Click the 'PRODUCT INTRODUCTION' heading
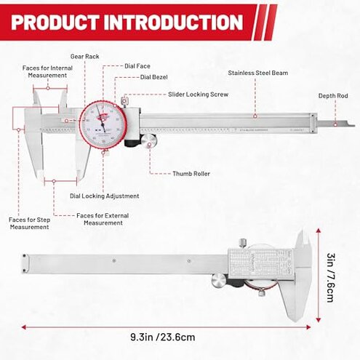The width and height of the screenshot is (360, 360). (x=127, y=21)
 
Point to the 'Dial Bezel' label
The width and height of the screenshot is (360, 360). (x=154, y=76)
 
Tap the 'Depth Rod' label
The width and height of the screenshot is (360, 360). (x=335, y=96)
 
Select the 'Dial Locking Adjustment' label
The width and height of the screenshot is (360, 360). (x=104, y=196)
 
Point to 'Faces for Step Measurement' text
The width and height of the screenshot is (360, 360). (x=29, y=223)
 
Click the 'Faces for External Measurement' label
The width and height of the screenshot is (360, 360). (x=103, y=219)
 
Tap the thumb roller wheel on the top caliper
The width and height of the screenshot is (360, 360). (x=148, y=141)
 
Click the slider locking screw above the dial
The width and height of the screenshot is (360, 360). (x=125, y=100)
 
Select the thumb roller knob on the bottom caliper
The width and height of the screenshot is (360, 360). (x=216, y=281)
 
